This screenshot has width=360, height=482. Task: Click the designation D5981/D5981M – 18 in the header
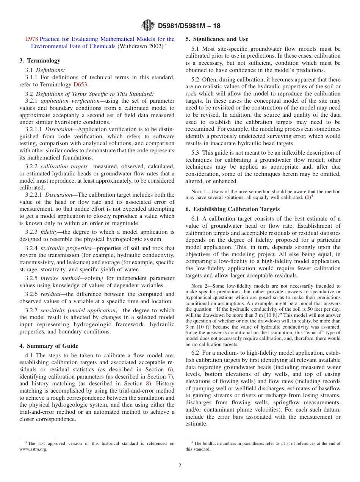[x=189, y=26]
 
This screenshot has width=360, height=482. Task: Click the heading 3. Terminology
[x=40, y=61]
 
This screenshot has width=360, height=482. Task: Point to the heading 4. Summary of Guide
[x=49, y=346]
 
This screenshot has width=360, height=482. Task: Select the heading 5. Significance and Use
[x=217, y=39]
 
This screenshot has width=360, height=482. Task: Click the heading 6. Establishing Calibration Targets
[x=232, y=209]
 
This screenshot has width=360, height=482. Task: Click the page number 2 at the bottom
[x=180, y=466]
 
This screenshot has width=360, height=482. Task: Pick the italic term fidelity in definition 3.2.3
[x=49, y=232]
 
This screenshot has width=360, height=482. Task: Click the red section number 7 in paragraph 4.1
[x=169, y=376]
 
